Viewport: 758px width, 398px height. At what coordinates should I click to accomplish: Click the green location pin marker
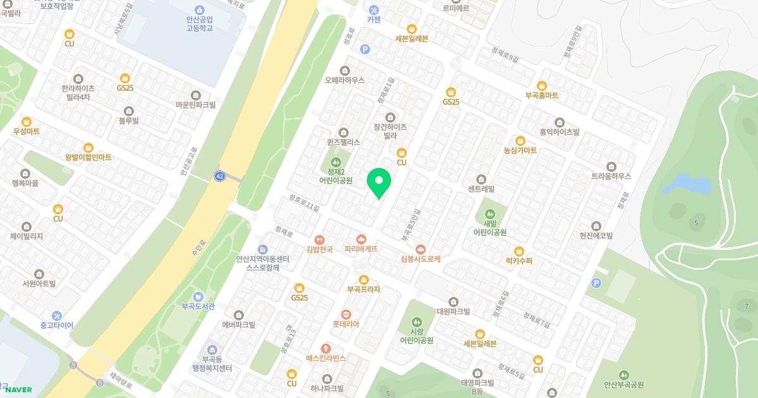pyautogui.click(x=379, y=183)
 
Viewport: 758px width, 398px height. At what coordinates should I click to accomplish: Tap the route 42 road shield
pyautogui.click(x=220, y=176)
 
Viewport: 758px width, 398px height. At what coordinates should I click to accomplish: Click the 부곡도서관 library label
pyautogui.click(x=198, y=306)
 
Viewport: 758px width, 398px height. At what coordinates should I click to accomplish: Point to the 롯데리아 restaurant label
pyautogui.click(x=346, y=324)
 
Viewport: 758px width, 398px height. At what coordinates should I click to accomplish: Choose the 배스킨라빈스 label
pyautogui.click(x=326, y=358)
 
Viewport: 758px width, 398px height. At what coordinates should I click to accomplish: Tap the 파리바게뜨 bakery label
pyautogui.click(x=361, y=249)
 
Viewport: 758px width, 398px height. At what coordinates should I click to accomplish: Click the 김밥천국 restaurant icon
pyautogui.click(x=320, y=239)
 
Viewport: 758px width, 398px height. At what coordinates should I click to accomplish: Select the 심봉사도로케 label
pyautogui.click(x=421, y=258)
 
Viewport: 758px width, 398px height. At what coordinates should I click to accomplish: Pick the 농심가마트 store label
pyautogui.click(x=520, y=150)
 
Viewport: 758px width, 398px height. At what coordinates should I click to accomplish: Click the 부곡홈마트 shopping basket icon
pyautogui.click(x=541, y=86)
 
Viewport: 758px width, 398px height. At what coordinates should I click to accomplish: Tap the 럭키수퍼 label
pyautogui.click(x=519, y=261)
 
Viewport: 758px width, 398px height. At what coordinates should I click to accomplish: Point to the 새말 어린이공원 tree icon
pyautogui.click(x=490, y=214)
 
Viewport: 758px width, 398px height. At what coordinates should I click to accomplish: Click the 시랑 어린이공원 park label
pyautogui.click(x=416, y=340)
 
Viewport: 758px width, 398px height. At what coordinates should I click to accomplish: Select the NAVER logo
pyautogui.click(x=18, y=390)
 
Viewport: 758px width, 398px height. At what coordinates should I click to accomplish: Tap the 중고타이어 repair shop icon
pyautogui.click(x=57, y=316)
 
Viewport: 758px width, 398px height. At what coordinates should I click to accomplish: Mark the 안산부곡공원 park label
pyautogui.click(x=623, y=384)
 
